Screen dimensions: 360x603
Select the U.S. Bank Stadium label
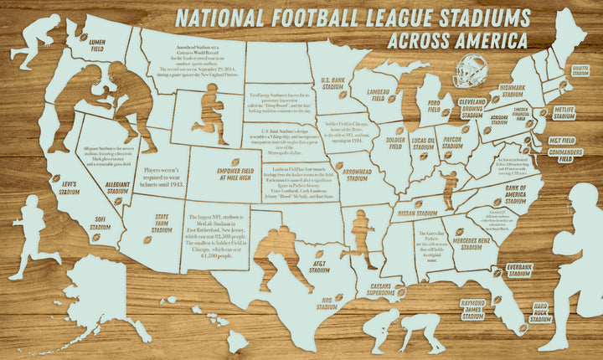(334, 84)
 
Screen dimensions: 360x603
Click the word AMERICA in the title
(482, 40)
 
